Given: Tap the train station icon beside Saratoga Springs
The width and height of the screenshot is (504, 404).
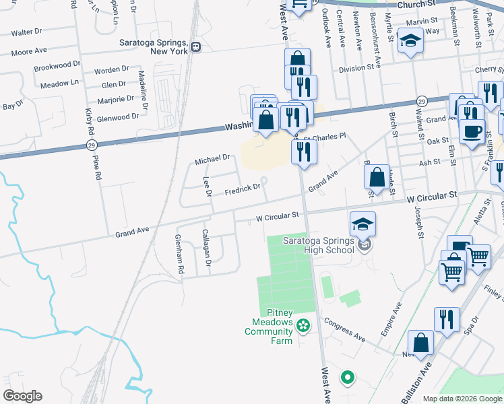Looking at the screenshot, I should pos(196,47).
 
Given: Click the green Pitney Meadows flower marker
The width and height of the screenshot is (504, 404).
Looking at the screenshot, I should pos(303,326).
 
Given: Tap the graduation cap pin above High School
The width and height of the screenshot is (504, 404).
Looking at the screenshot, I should pos(363,224).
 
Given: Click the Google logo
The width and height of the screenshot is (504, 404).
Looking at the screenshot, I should pos(22,396).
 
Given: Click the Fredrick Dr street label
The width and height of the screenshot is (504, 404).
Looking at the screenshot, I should pos(243,188).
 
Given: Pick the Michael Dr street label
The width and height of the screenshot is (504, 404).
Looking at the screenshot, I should pos(212,160).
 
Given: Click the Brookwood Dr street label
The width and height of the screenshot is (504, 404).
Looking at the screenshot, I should pos(57,68).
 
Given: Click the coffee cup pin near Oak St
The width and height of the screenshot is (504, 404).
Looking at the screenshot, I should pos(472,130).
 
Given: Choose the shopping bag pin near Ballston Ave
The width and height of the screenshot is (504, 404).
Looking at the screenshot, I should pos(420,343).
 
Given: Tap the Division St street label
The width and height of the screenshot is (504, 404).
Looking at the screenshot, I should pos(356,68).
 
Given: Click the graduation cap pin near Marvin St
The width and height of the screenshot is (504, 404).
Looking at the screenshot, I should pos(409,42).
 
